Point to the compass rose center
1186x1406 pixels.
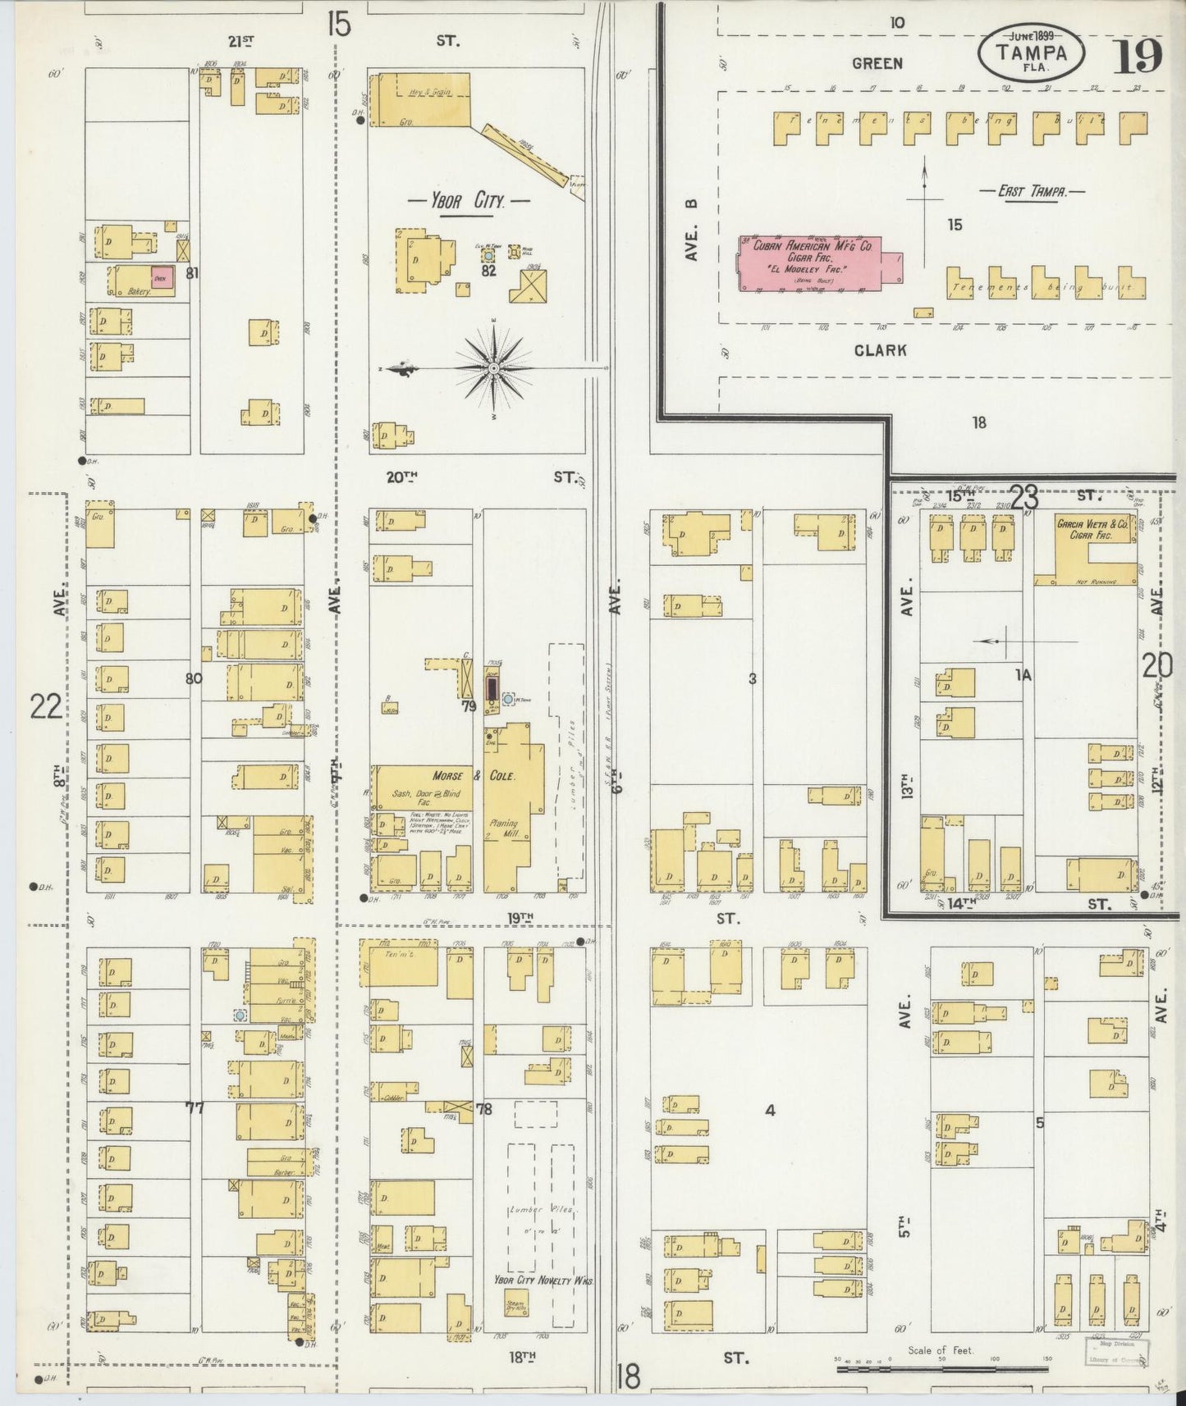tap(493, 370)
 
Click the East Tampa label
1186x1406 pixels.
tap(1032, 191)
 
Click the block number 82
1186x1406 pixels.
tap(489, 271)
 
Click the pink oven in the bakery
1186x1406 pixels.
tap(162, 277)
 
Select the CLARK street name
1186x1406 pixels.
tap(880, 350)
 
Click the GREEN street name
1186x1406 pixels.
tap(877, 63)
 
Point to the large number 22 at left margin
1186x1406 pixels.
tap(46, 705)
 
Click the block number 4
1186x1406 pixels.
tap(769, 1110)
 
